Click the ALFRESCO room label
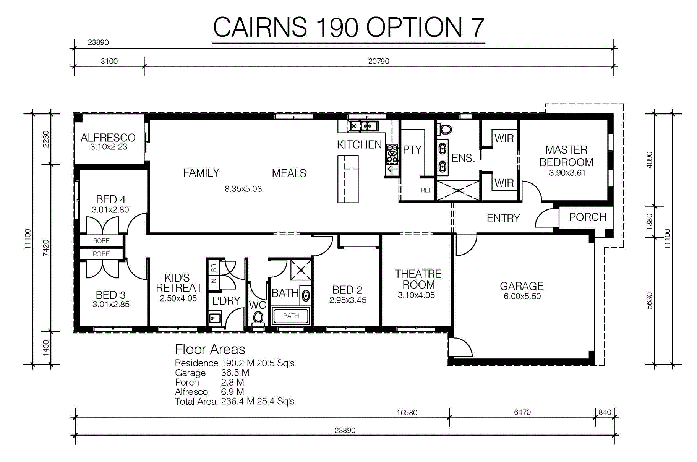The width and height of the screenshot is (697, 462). [x=108, y=138]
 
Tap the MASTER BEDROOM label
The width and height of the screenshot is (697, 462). [x=566, y=156]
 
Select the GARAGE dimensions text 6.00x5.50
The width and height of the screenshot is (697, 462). [x=522, y=297]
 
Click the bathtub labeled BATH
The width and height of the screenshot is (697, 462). [x=291, y=316]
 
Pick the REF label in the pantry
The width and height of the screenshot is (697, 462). [x=426, y=190]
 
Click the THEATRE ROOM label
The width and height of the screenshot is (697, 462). [x=418, y=279]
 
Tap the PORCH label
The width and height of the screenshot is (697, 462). [x=588, y=217]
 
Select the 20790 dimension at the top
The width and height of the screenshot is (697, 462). [x=379, y=61]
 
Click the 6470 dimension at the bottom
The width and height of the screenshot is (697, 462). [x=522, y=412]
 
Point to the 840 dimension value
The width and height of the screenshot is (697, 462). [x=605, y=412]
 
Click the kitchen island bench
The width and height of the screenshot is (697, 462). [x=348, y=179]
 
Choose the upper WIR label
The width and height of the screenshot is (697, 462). [x=504, y=138]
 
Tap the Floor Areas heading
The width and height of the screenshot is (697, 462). [x=210, y=350]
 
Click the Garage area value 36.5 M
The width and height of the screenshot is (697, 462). [x=235, y=373]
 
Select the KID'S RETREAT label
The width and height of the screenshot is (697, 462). [x=178, y=283]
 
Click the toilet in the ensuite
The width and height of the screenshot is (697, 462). [x=445, y=129]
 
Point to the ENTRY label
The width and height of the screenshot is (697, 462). [x=503, y=218]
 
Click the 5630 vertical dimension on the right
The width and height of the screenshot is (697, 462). [x=649, y=301]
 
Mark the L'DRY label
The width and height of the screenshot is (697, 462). [x=226, y=301]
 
